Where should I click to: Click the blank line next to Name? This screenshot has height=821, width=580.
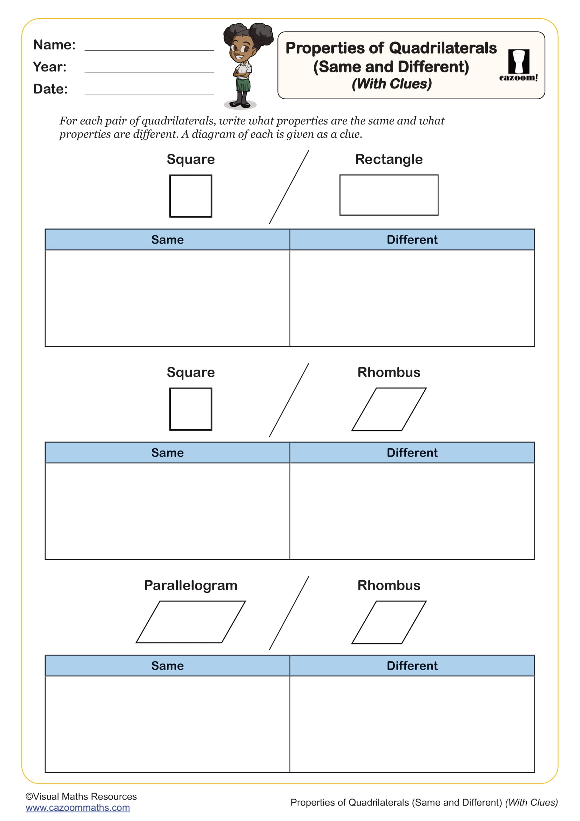click(149, 50)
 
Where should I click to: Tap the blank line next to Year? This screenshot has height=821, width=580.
click(149, 72)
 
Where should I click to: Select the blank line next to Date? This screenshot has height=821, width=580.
click(149, 94)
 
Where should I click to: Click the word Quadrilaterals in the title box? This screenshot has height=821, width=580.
click(443, 48)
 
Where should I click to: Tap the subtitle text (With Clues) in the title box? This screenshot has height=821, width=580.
click(392, 84)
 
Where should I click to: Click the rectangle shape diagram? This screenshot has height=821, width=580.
click(389, 195)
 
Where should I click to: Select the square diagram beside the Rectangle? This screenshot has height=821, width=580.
click(191, 196)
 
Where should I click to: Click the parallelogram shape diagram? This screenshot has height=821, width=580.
click(191, 622)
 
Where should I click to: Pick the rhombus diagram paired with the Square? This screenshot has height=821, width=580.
click(389, 409)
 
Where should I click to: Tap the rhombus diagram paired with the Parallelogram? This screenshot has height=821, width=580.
click(389, 622)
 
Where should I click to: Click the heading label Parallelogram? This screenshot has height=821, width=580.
click(191, 585)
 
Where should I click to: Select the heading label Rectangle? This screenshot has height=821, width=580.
click(389, 159)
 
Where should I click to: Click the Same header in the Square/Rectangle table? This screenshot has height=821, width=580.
click(168, 240)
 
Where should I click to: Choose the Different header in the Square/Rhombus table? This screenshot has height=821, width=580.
click(412, 453)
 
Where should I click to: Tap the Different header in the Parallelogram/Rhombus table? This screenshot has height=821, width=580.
click(412, 666)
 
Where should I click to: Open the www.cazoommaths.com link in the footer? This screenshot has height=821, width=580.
click(78, 807)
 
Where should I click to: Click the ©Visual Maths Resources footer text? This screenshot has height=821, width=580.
click(81, 796)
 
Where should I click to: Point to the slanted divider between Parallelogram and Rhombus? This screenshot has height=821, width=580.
click(289, 613)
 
